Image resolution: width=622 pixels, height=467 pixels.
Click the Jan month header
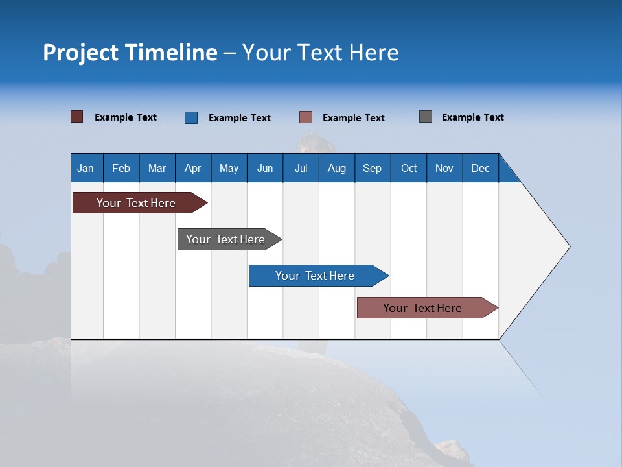(x=86, y=168)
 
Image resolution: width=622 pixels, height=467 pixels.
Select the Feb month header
(x=121, y=168)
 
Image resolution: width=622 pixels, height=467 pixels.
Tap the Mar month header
(x=157, y=168)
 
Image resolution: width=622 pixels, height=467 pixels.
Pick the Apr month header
(x=193, y=168)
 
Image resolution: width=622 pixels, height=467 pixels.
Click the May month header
(x=229, y=168)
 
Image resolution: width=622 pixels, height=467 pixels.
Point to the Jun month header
(x=265, y=168)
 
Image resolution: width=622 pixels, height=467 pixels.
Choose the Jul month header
(x=301, y=168)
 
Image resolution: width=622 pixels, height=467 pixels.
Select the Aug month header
(x=337, y=168)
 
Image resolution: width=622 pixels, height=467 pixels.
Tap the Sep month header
(x=373, y=168)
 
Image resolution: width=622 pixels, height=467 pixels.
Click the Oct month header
(x=409, y=168)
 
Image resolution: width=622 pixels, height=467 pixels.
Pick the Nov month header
(x=444, y=168)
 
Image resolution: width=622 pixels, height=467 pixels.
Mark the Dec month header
(x=481, y=168)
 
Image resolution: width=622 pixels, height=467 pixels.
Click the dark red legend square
(x=77, y=117)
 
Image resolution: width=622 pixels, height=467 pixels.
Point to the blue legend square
(x=191, y=117)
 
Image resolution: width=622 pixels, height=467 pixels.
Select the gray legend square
(x=426, y=117)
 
